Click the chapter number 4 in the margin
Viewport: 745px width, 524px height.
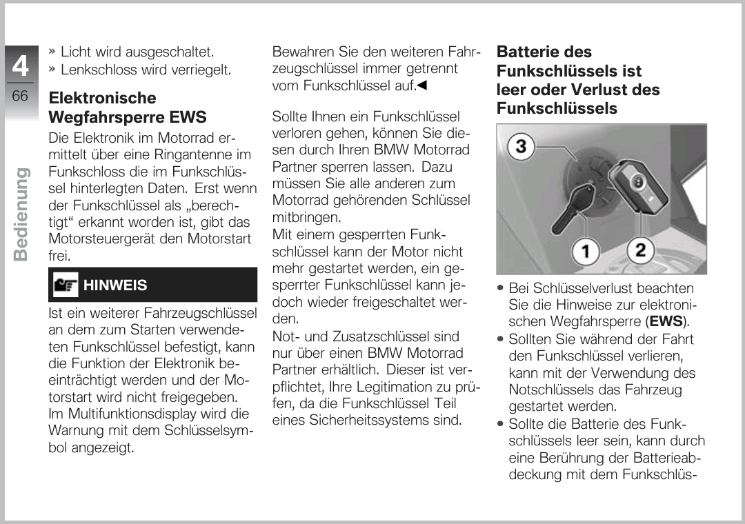point(21,66)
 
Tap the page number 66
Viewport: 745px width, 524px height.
point(21,95)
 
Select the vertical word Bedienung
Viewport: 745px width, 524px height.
point(21,214)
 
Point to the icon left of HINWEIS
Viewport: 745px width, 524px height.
point(66,285)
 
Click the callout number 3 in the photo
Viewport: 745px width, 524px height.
point(522,145)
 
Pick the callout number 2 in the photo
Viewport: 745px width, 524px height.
point(640,250)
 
